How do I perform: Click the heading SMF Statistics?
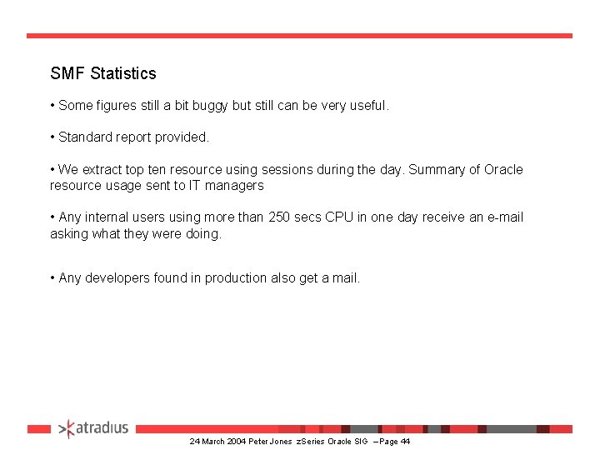pos(103,73)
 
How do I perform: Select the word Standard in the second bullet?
pos(85,137)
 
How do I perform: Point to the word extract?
pos(104,170)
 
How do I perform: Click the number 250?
pos(280,217)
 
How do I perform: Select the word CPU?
pos(339,217)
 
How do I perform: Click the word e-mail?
pos(503,217)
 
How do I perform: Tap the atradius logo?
pos(94,428)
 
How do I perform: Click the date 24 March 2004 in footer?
pos(217,441)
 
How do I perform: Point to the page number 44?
pos(405,441)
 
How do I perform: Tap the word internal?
pos(105,217)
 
